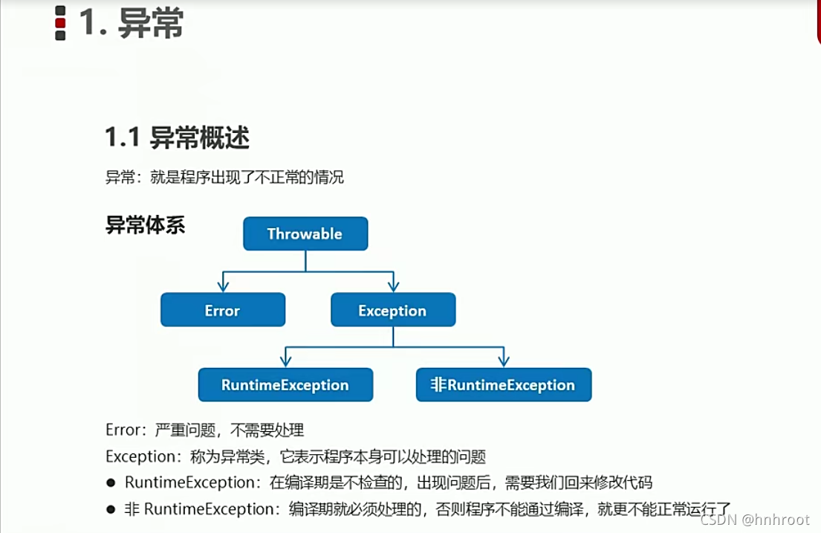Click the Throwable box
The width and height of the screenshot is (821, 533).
click(305, 233)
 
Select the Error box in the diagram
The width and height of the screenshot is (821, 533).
click(223, 310)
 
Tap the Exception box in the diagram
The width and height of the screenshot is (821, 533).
click(393, 310)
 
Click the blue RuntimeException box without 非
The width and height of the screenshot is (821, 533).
click(285, 385)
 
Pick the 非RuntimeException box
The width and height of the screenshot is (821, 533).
click(504, 385)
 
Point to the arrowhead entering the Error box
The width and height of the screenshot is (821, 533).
click(222, 286)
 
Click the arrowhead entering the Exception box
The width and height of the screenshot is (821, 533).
click(393, 286)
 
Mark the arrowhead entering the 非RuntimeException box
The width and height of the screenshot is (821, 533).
click(504, 361)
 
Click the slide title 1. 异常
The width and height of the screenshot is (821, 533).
click(131, 25)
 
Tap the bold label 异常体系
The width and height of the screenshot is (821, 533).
click(145, 224)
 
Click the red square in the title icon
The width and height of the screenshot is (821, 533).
click(60, 24)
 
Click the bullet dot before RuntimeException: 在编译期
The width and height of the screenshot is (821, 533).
click(111, 483)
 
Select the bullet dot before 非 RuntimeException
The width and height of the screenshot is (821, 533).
click(111, 510)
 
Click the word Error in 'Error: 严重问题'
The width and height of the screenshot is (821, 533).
click(122, 430)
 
